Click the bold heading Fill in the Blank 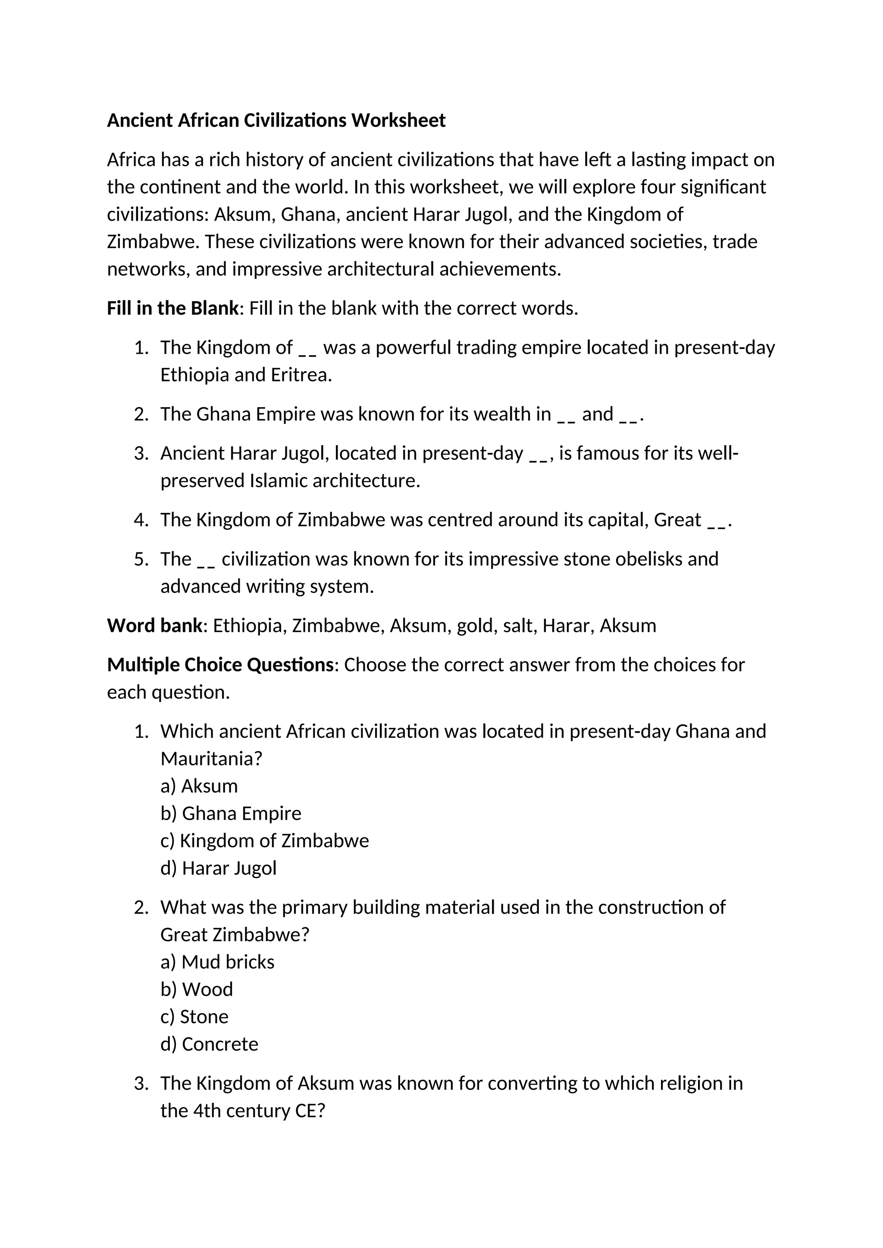coord(172,308)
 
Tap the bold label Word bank coord(154,626)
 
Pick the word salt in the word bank coord(519,626)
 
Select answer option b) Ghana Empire coord(231,813)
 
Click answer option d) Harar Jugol coord(219,868)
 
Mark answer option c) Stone coord(194,1017)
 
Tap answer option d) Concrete coord(210,1044)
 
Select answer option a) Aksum coord(199,786)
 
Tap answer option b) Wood coord(197,989)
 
